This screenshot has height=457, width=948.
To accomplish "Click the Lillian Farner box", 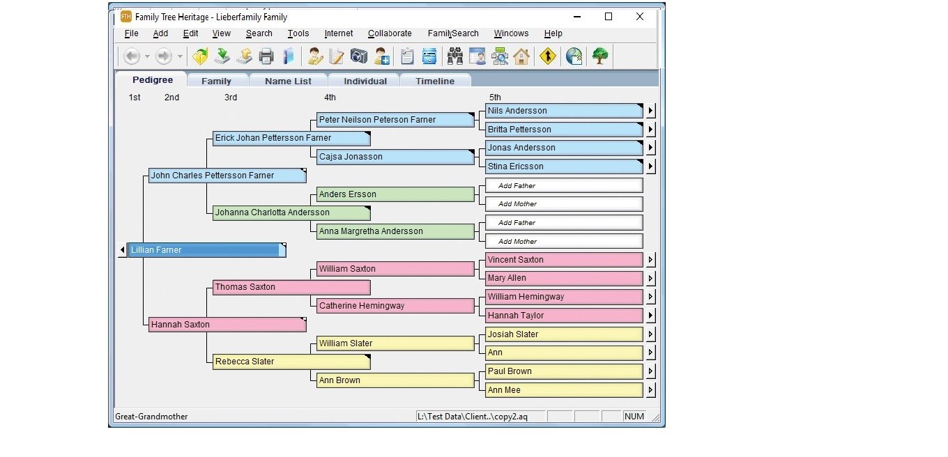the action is click(x=207, y=250).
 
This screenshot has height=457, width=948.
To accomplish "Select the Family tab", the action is click(x=216, y=81).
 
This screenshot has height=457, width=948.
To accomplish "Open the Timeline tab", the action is click(x=435, y=81).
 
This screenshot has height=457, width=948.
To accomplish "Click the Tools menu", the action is click(x=298, y=33).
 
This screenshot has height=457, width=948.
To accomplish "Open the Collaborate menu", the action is click(x=390, y=33).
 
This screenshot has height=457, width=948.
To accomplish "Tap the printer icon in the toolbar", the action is click(x=266, y=56).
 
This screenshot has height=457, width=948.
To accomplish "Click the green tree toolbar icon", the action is click(x=599, y=56).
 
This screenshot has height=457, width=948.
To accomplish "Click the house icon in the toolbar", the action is click(x=521, y=56).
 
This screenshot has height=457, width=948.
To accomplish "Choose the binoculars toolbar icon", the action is click(x=455, y=56).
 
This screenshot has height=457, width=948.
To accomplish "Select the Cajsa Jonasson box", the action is click(x=395, y=157).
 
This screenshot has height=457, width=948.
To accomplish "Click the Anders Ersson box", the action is click(x=395, y=194).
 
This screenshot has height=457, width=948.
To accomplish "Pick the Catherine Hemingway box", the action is click(x=395, y=306).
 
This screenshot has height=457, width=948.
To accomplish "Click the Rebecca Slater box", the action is click(x=291, y=362).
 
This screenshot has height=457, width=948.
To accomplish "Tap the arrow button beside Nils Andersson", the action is click(x=650, y=111).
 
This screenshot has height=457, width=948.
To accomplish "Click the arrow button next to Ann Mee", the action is click(x=650, y=389).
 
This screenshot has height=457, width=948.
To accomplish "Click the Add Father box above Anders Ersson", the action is click(x=564, y=185).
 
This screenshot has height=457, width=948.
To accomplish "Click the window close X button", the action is click(x=640, y=17).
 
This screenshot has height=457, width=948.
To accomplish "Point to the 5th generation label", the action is click(x=495, y=98).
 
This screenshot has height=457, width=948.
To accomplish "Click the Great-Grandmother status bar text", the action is click(x=151, y=417).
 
